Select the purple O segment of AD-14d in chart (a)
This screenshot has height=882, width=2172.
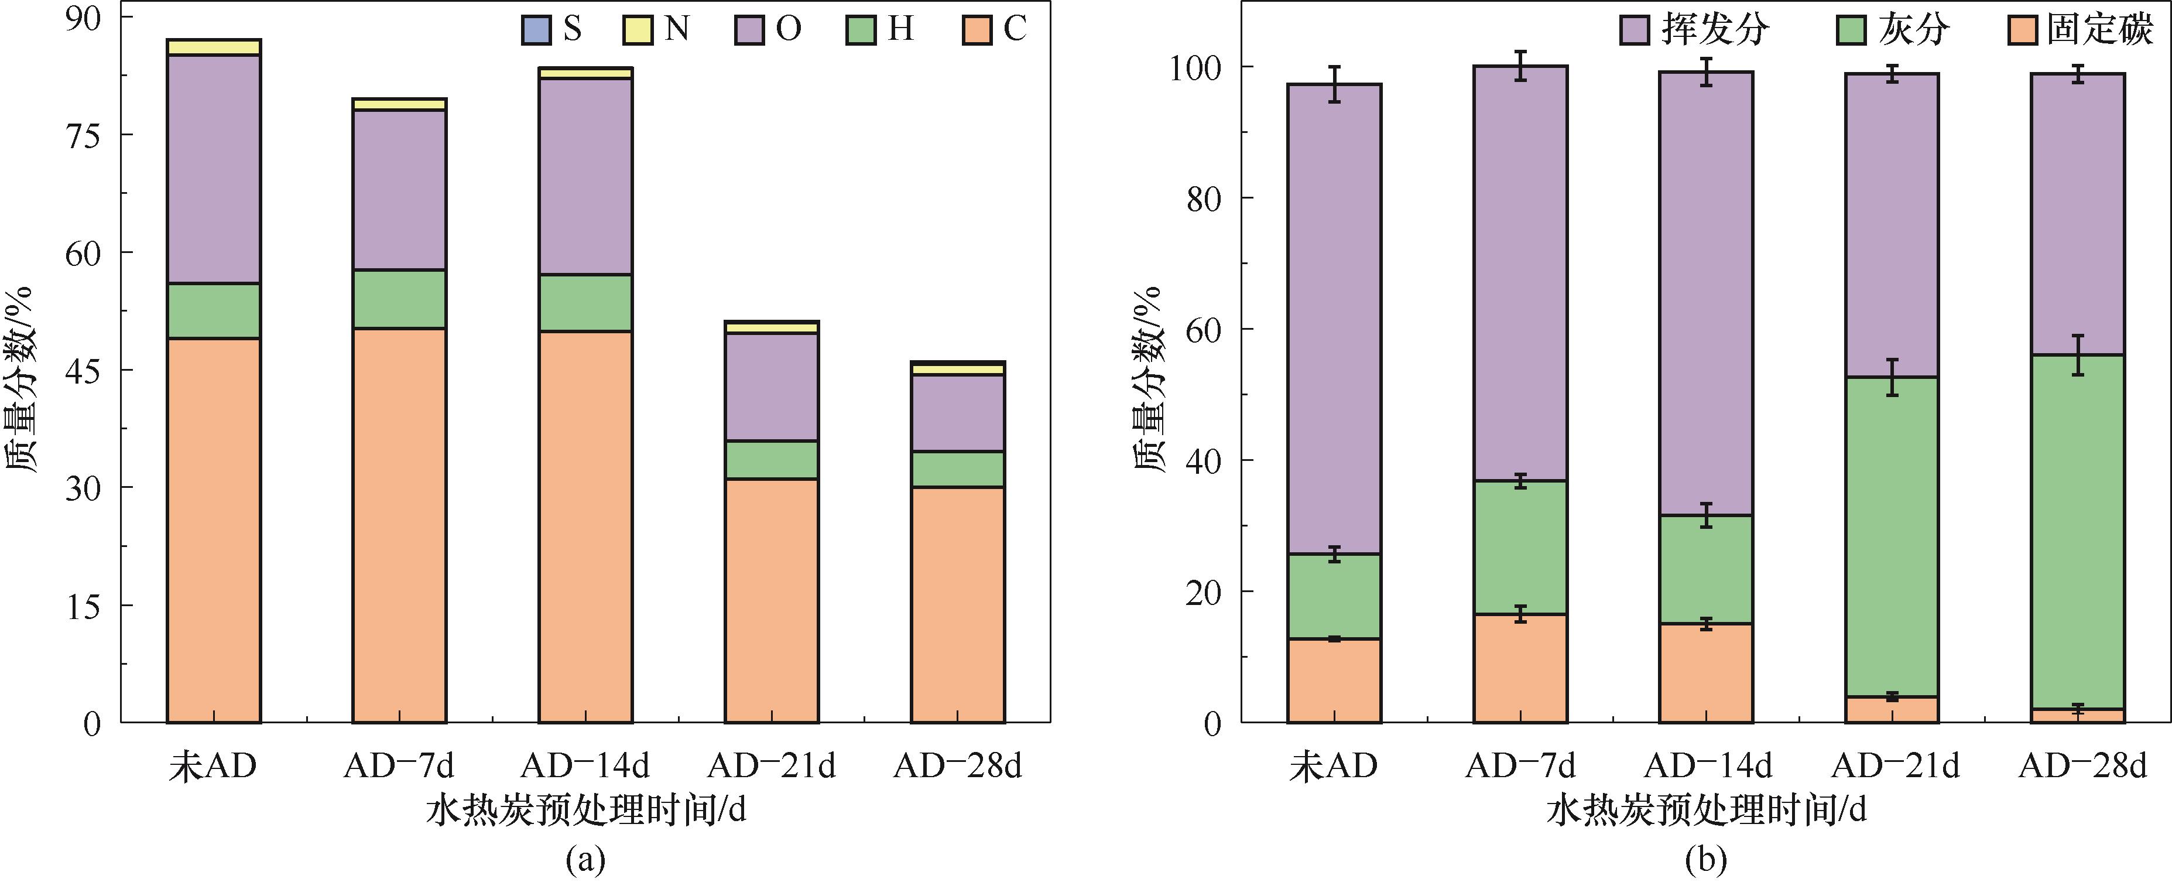(585, 176)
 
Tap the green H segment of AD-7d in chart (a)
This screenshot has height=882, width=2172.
(399, 299)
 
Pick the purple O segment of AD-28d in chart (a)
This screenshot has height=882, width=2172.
(958, 412)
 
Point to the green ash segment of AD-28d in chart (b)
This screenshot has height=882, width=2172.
(2078, 531)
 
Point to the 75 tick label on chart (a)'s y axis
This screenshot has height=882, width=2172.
(83, 135)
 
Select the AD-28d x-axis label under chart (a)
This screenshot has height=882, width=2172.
(958, 765)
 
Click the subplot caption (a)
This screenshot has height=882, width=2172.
(585, 860)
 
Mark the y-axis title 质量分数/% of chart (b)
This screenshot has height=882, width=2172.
(1149, 380)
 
